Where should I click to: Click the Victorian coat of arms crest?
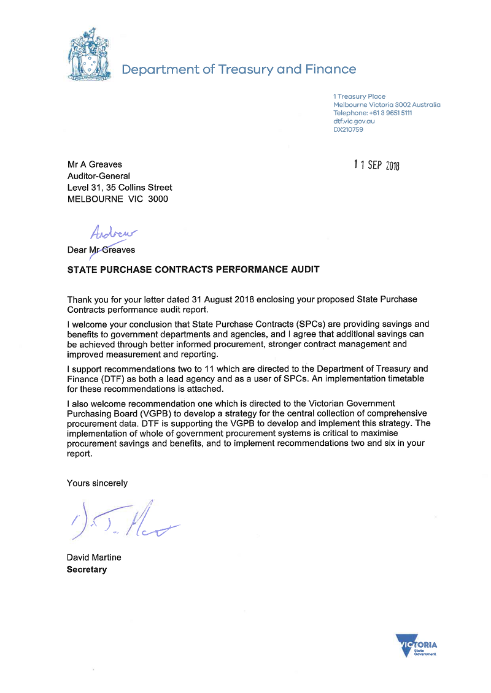90,55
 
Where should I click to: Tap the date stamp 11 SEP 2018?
377,166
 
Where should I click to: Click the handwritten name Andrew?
114,232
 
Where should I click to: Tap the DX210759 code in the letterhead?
348,129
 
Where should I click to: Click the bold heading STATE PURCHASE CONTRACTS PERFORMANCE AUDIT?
193,269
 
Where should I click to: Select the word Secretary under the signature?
87,569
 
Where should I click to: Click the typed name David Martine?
94,557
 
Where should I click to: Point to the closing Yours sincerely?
97,483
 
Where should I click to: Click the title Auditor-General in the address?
98,176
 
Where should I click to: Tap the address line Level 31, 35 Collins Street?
120,188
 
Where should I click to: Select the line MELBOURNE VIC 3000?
117,199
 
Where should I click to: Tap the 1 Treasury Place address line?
359,96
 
